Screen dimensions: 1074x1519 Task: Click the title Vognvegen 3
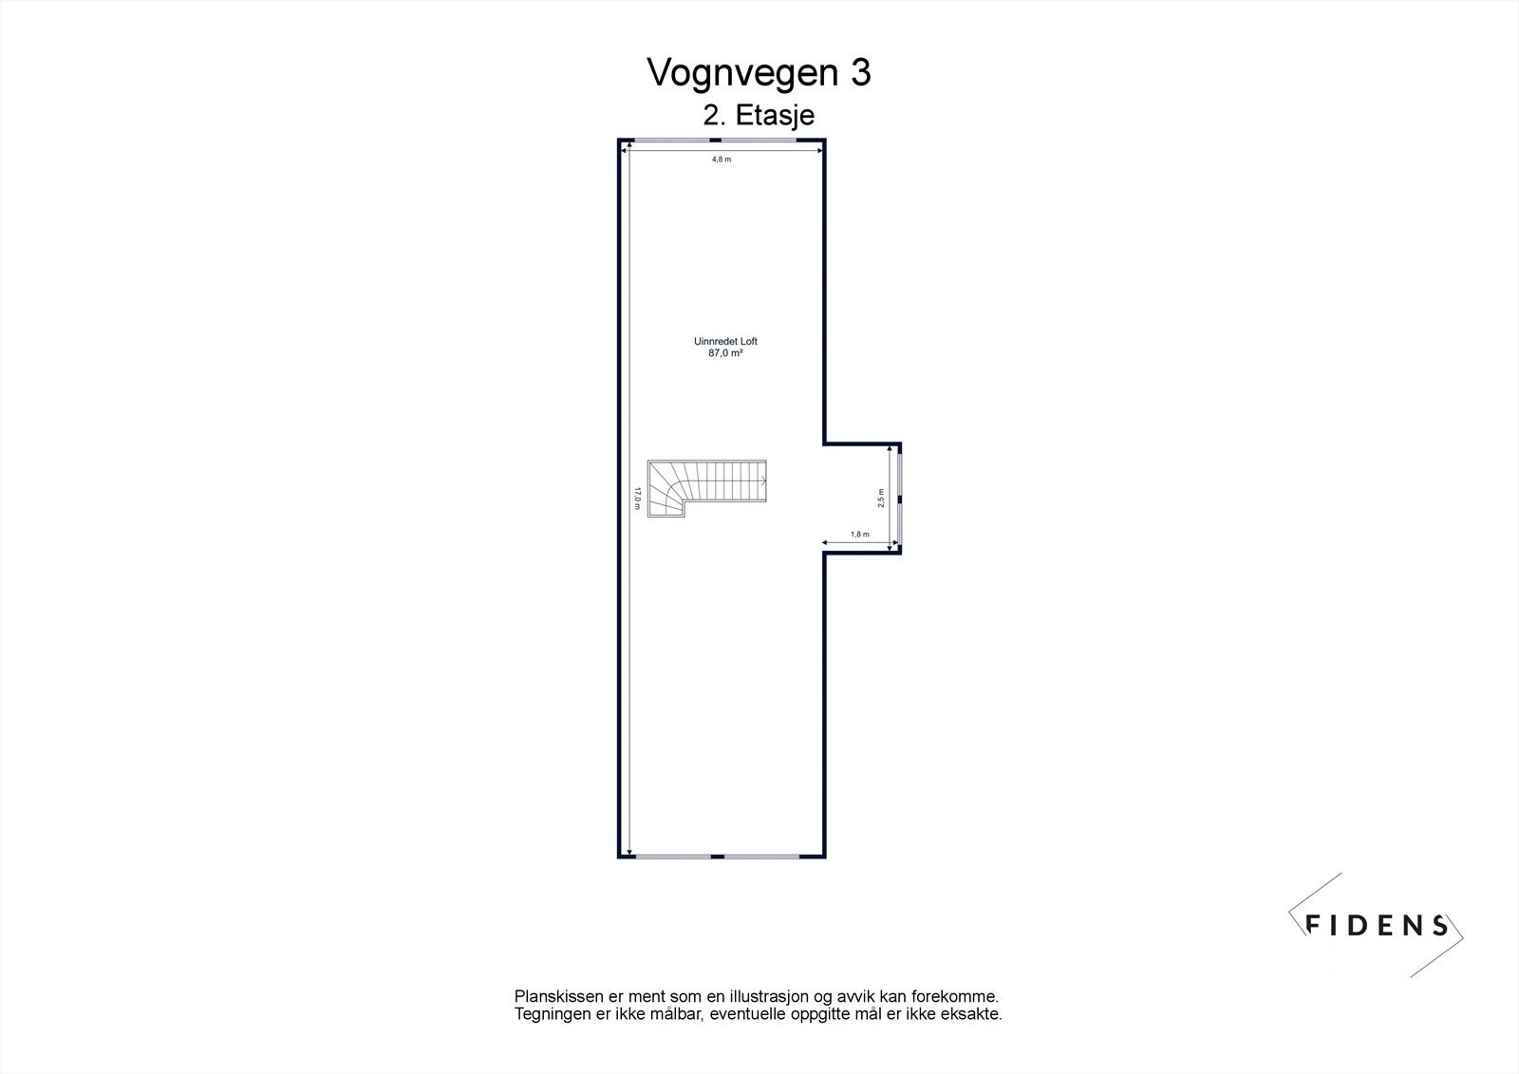759,73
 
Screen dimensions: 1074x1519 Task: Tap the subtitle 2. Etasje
759,116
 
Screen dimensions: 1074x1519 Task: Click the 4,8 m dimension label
722,160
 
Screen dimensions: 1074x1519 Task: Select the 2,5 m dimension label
882,499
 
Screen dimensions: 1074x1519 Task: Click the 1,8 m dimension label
859,535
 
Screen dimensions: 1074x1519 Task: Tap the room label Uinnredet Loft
725,341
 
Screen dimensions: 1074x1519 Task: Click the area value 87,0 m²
725,353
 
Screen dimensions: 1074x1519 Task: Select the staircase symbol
707,488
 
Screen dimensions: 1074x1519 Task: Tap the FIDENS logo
1376,924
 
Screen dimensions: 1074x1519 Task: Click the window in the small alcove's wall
900,497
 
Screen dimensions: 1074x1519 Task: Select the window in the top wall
722,141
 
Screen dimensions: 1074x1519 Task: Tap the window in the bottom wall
722,856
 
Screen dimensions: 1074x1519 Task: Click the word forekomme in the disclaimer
954,997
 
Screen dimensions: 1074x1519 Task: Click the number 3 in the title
860,73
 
